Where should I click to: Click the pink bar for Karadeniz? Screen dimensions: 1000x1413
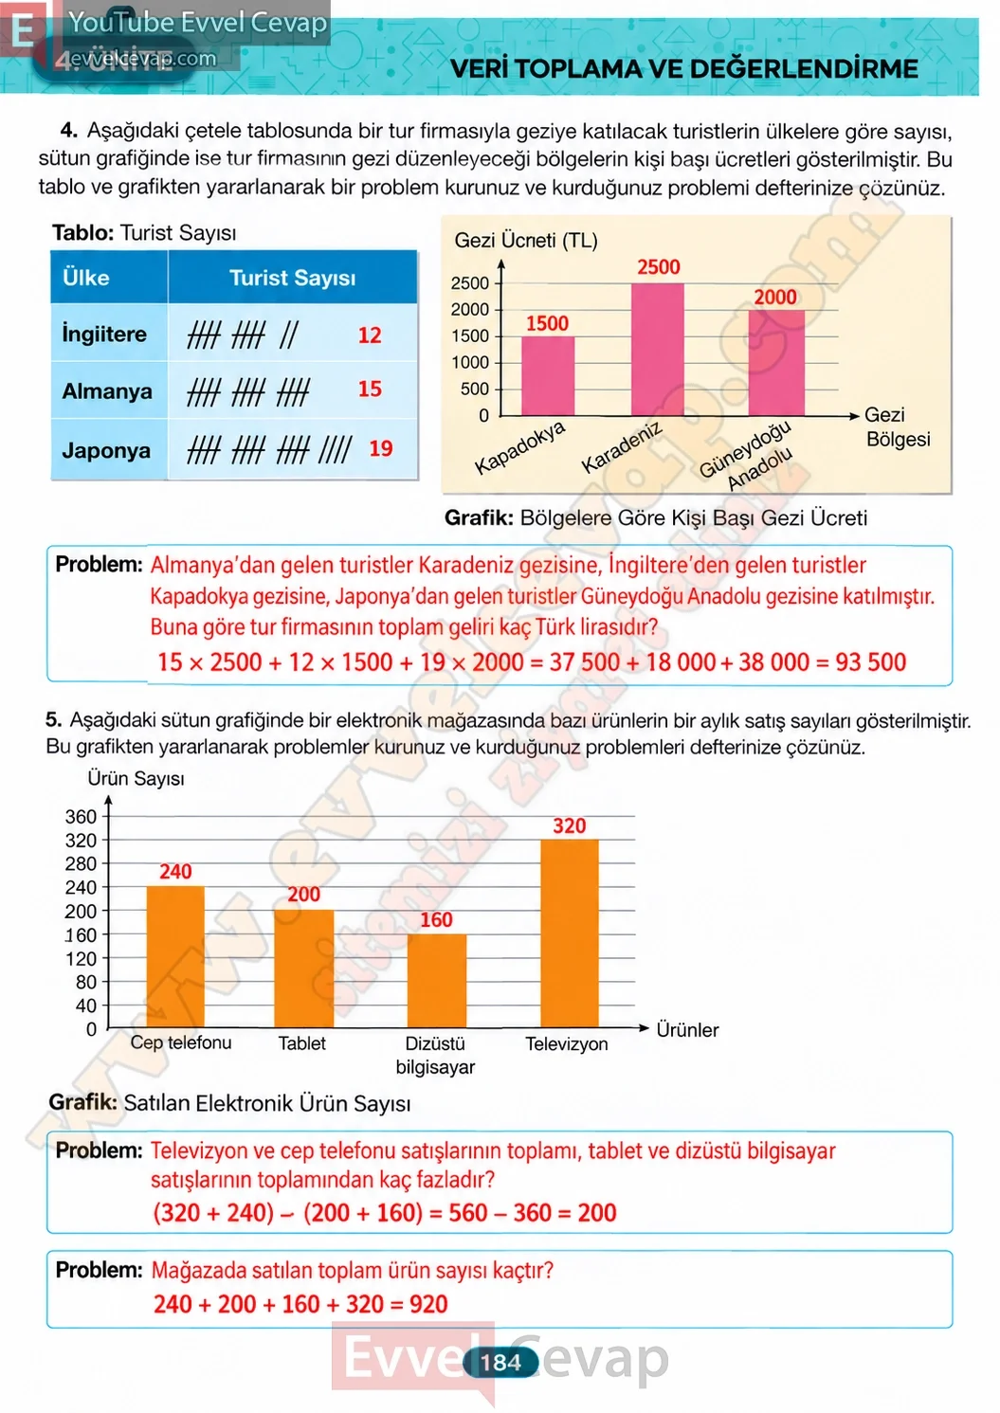(658, 350)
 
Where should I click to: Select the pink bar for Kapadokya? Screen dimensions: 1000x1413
(548, 376)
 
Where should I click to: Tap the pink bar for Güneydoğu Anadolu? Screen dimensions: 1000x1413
(776, 363)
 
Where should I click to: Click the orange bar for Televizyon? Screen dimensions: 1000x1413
(569, 933)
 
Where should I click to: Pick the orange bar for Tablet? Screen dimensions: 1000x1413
(303, 969)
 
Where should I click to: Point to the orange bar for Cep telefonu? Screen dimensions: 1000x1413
(175, 957)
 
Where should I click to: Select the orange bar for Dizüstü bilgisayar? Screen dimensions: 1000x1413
(437, 980)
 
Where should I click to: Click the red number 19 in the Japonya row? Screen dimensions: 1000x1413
(380, 448)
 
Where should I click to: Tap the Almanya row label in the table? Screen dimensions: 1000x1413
(106, 391)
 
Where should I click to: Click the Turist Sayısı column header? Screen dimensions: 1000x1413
(292, 278)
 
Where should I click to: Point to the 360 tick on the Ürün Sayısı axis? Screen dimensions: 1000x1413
(81, 817)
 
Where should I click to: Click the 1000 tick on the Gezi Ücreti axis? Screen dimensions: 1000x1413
(470, 363)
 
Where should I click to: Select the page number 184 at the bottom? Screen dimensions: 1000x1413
(500, 1363)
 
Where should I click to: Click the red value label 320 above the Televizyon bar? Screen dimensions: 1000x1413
(569, 825)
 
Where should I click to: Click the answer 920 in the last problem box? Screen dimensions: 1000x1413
(428, 1304)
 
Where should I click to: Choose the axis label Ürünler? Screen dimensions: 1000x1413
(687, 1029)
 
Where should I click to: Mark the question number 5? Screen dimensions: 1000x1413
(53, 719)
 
